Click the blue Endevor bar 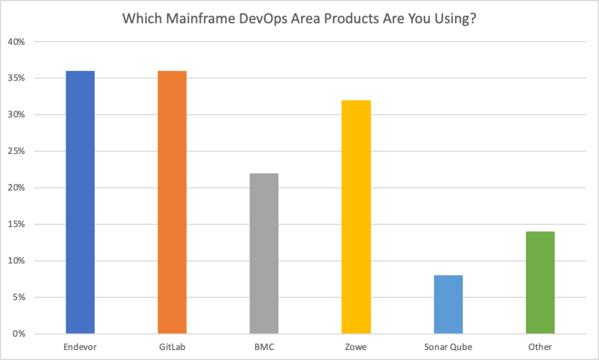pos(80,202)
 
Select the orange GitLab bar pos(172,202)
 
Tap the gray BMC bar pos(264,253)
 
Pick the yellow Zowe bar pos(356,217)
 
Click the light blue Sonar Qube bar pos(448,304)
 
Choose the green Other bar pos(540,283)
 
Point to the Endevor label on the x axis pos(80,347)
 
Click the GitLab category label pos(172,347)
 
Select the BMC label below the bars pos(264,347)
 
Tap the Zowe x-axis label pos(356,347)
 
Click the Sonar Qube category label pos(448,347)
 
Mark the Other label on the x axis pos(540,347)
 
